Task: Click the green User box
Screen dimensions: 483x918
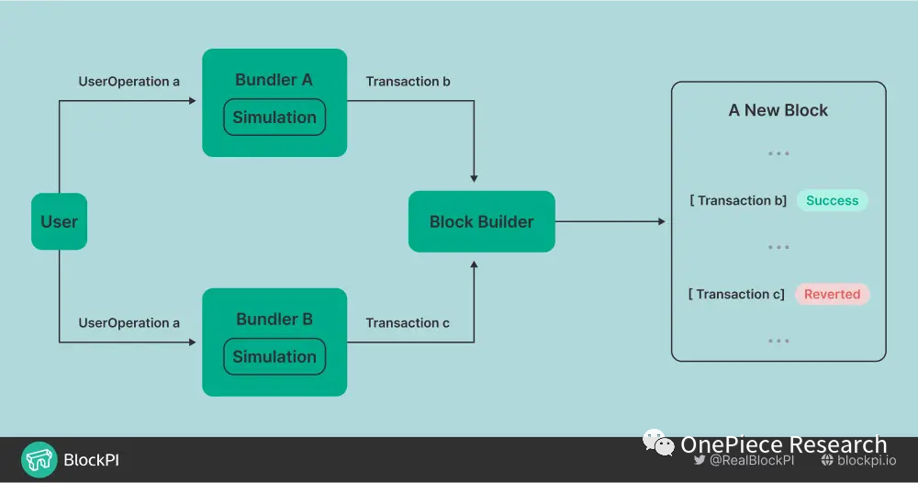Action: pos(59,221)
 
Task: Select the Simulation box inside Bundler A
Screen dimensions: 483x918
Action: pos(274,118)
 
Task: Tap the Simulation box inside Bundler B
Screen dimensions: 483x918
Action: pos(274,357)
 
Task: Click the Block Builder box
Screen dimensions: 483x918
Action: pos(481,221)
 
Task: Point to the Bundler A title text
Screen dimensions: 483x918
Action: pos(274,80)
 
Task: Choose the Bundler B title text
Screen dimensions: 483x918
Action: pos(274,320)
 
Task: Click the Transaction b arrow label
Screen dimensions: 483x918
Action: pos(408,82)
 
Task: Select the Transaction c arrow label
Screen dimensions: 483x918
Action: pos(408,323)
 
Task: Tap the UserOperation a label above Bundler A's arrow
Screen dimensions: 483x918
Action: pos(129,82)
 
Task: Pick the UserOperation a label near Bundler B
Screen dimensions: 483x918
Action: pos(129,323)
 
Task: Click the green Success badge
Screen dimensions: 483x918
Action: pos(832,201)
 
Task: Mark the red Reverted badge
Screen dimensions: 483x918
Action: pos(832,295)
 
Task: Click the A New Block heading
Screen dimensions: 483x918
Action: pos(778,110)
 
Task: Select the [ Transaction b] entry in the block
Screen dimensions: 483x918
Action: pos(738,201)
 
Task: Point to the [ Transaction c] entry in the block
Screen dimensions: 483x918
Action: pos(736,295)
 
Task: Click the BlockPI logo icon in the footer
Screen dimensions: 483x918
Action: pos(39,460)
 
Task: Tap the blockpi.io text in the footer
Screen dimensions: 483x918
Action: pos(867,460)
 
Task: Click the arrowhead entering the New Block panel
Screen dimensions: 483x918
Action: pos(660,221)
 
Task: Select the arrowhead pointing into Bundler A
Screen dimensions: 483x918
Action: pos(193,100)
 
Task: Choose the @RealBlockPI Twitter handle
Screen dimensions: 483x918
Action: pos(751,460)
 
